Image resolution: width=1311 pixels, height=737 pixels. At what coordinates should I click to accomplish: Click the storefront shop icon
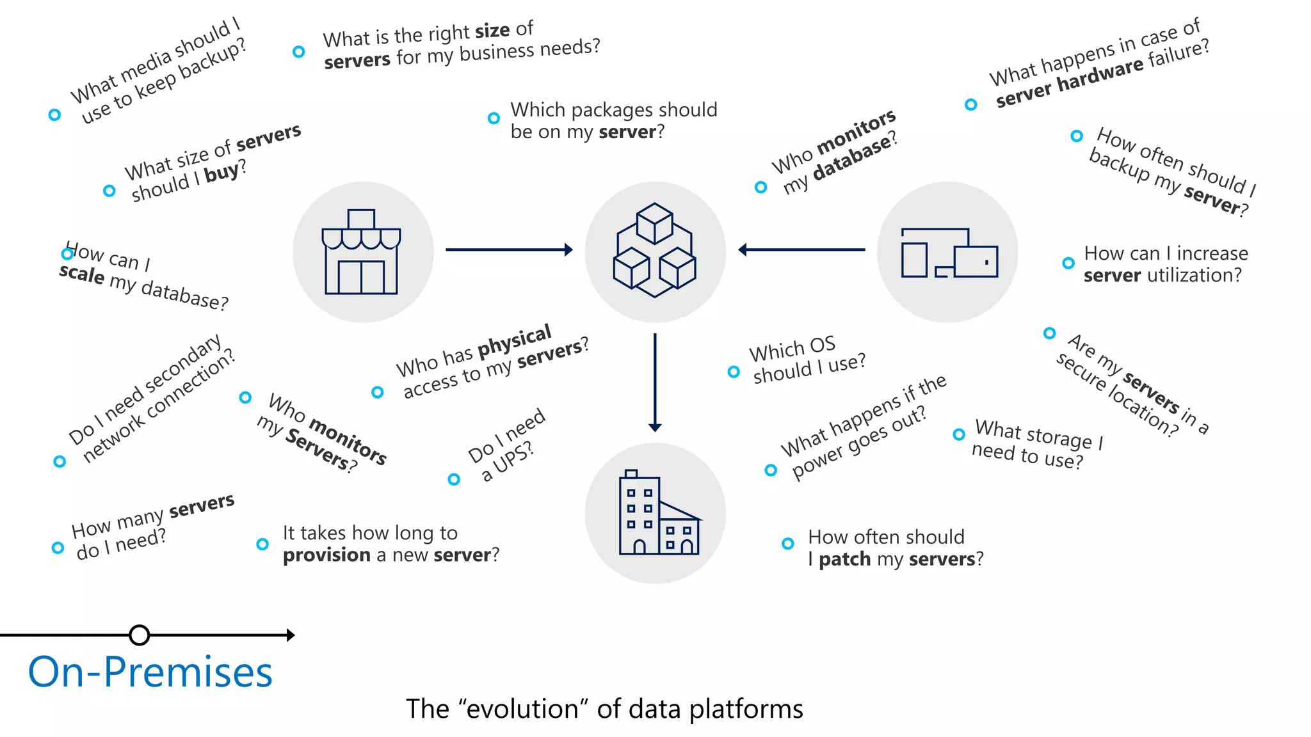coord(362,252)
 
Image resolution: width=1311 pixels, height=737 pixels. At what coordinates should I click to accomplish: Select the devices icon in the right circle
coord(949,253)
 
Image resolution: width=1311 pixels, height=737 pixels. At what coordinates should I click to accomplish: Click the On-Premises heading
coord(150,672)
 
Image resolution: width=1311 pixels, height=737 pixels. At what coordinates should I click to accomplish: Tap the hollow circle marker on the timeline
coord(139,635)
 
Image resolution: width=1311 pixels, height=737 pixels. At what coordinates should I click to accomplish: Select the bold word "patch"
coord(845,559)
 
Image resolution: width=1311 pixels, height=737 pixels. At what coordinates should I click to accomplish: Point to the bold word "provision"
coord(326,555)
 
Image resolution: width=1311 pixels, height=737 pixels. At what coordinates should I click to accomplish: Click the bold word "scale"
coord(82,273)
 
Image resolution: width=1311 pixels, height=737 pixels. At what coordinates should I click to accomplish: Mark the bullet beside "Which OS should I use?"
coord(734,372)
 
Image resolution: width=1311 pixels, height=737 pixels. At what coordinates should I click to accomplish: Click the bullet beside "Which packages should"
coord(494,118)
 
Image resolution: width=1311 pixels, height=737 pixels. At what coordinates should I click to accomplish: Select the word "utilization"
coord(1190,275)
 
